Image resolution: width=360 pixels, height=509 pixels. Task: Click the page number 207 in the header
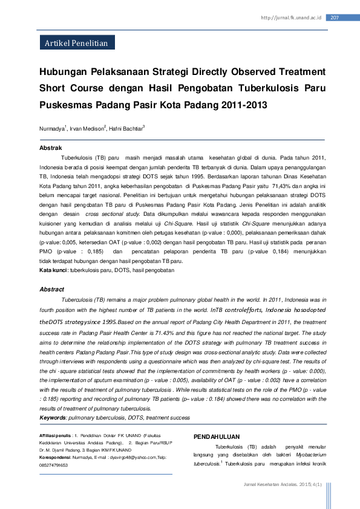click(x=334, y=17)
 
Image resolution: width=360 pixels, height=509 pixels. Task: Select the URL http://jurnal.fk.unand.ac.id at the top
click(x=292, y=18)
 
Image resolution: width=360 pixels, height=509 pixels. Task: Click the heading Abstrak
click(x=51, y=148)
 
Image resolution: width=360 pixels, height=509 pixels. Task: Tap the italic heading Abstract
click(x=52, y=290)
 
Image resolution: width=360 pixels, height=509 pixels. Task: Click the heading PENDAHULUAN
click(x=216, y=436)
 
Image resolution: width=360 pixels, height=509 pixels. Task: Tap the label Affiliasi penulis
click(x=55, y=435)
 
